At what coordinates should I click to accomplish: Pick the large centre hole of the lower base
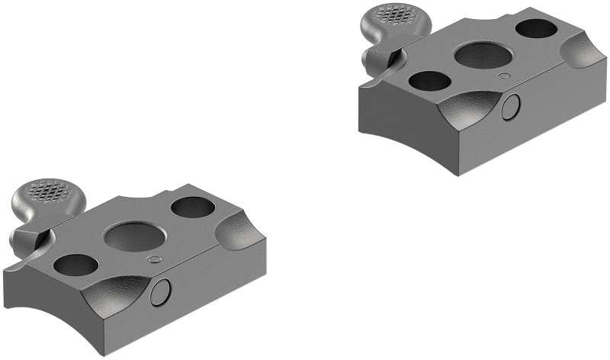click(130, 236)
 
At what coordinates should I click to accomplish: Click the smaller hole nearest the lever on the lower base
click(76, 264)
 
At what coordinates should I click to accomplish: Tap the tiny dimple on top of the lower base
click(155, 259)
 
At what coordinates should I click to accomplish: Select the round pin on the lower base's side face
click(162, 291)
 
